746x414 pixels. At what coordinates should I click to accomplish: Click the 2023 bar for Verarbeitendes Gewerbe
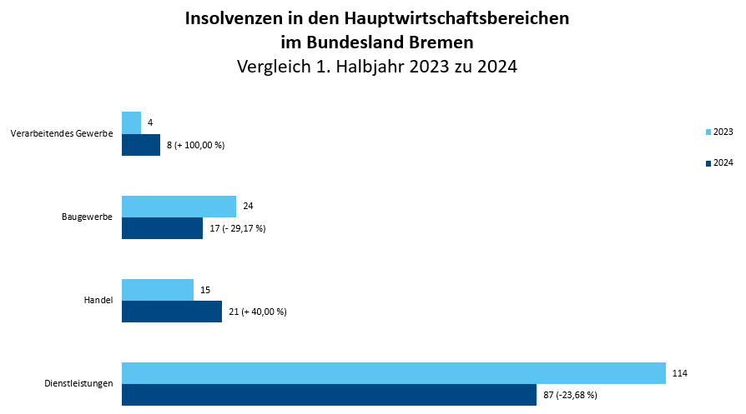pyautogui.click(x=131, y=122)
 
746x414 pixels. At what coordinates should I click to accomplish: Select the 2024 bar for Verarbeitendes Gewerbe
pyautogui.click(x=141, y=145)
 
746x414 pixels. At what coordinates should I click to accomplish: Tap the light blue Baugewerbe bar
pyautogui.click(x=179, y=206)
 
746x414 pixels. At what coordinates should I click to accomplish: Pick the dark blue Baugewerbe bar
pyautogui.click(x=162, y=228)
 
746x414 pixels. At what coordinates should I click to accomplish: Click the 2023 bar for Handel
pyautogui.click(x=158, y=289)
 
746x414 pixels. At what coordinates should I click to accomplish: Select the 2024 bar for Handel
pyautogui.click(x=172, y=312)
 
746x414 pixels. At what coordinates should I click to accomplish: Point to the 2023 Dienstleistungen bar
pyautogui.click(x=393, y=373)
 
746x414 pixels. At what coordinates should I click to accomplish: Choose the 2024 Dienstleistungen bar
pyautogui.click(x=329, y=395)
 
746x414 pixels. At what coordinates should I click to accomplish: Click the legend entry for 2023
pyautogui.click(x=719, y=132)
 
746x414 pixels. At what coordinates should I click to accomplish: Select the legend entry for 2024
pyautogui.click(x=719, y=162)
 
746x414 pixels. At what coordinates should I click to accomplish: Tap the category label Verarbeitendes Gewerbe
pyautogui.click(x=62, y=134)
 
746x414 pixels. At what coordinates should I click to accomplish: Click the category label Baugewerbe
pyautogui.click(x=87, y=217)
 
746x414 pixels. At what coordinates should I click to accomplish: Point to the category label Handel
pyautogui.click(x=99, y=301)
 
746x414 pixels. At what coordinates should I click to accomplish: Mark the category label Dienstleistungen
pyautogui.click(x=78, y=384)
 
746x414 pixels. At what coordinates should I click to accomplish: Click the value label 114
pyautogui.click(x=681, y=373)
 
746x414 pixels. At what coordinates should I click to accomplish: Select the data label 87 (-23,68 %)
pyautogui.click(x=570, y=395)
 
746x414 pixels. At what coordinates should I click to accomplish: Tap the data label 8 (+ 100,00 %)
pyautogui.click(x=196, y=145)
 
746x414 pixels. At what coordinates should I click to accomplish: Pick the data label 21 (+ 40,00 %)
pyautogui.click(x=258, y=312)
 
